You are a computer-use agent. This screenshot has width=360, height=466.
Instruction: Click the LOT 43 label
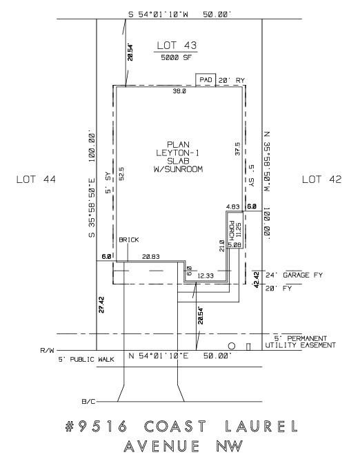(x=177, y=46)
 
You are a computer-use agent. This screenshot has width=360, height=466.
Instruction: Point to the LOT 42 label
(x=322, y=180)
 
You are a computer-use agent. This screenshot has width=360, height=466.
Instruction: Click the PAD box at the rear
(x=206, y=80)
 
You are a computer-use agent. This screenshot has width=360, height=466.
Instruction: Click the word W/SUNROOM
(x=178, y=168)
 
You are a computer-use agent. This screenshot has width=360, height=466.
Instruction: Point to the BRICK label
(x=129, y=240)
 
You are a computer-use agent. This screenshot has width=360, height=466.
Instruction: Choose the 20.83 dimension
(x=152, y=256)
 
